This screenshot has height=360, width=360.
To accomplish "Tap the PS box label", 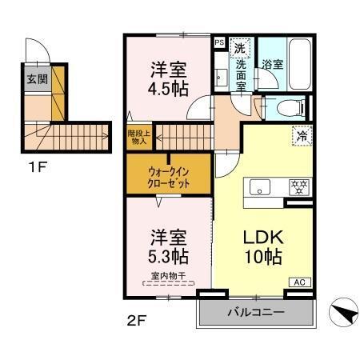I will (x=219, y=42).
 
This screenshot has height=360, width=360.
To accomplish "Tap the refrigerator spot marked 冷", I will (x=302, y=136).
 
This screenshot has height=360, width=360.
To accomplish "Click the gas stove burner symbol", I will (x=298, y=187).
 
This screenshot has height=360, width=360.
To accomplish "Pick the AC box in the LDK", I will (x=299, y=282).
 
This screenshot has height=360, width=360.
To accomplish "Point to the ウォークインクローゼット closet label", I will (x=167, y=174).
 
